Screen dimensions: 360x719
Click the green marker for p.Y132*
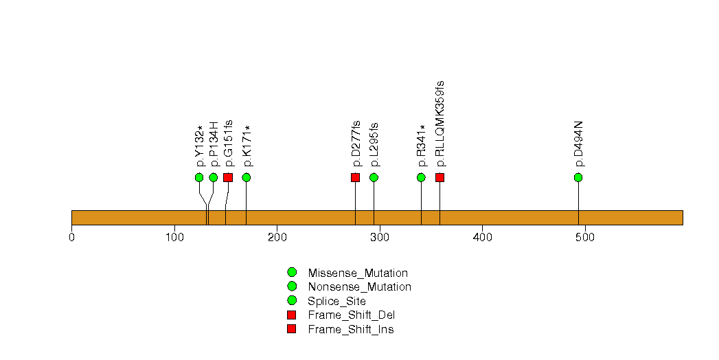(x=199, y=177)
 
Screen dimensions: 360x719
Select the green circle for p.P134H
(x=214, y=177)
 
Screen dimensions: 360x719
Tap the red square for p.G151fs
(x=228, y=177)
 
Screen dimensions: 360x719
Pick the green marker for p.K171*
(x=247, y=177)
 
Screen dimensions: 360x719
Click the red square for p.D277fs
(x=355, y=177)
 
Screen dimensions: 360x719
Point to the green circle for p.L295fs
(x=374, y=177)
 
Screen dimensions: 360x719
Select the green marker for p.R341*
(x=421, y=177)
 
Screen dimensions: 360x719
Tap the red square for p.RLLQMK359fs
(x=440, y=177)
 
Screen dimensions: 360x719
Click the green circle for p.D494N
(x=578, y=177)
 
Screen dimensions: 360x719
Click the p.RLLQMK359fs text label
(x=440, y=124)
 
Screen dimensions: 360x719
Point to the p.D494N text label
(x=579, y=144)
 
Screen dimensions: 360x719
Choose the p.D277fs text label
(x=356, y=144)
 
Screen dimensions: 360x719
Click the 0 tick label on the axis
(x=71, y=237)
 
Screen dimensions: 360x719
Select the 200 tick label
(x=277, y=237)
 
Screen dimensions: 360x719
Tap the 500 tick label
(x=585, y=237)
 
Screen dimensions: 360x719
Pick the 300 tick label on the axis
(x=380, y=237)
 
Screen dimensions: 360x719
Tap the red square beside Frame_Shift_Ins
(x=291, y=329)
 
